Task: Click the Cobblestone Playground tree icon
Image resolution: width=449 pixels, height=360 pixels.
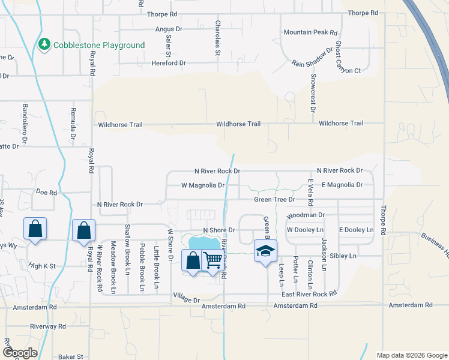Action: point(44,45)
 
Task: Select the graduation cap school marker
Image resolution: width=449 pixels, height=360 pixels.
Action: point(265,250)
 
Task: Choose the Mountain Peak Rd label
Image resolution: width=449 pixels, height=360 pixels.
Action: point(311,32)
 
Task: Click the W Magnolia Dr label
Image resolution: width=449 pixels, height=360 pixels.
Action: point(203,185)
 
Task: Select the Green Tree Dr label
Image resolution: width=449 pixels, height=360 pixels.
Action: point(275,199)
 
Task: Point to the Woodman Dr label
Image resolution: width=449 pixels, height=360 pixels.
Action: point(306,215)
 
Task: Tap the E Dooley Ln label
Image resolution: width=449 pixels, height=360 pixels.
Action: point(357,230)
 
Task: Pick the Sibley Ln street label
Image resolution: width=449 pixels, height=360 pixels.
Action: point(345,256)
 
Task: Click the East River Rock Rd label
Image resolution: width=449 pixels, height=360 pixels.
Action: point(309,294)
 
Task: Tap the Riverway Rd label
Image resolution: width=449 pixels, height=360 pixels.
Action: point(49,326)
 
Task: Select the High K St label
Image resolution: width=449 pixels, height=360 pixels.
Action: point(41,265)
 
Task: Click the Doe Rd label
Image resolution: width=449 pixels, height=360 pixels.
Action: point(46,193)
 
